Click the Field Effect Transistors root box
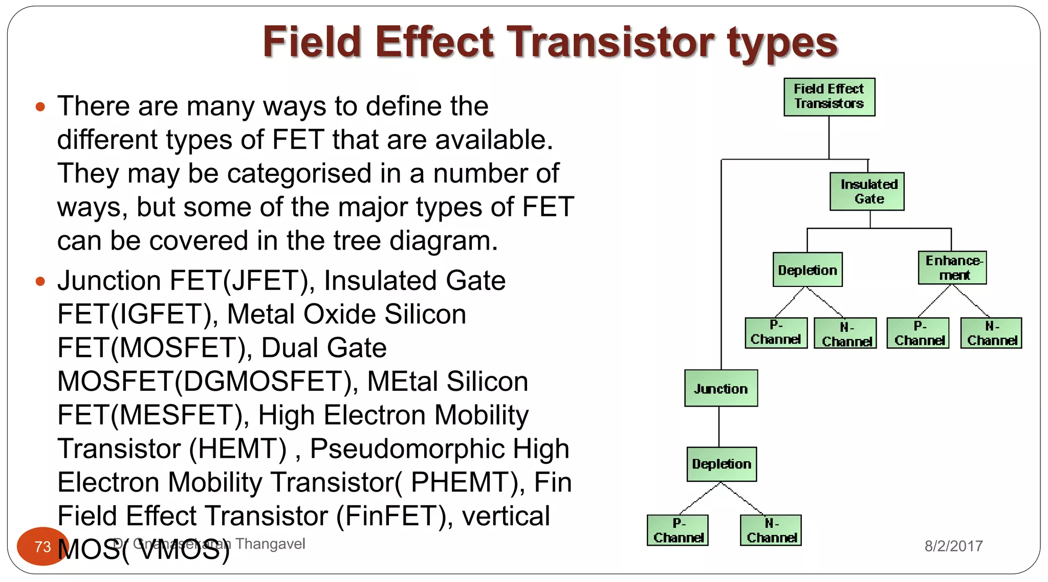click(x=829, y=97)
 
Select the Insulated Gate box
click(x=867, y=191)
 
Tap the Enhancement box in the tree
click(x=952, y=267)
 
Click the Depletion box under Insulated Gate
click(x=807, y=270)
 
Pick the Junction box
click(x=720, y=388)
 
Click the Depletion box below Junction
click(x=721, y=464)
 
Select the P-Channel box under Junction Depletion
click(x=678, y=530)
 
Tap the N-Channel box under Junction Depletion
click(x=771, y=530)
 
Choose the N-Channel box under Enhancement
click(x=991, y=333)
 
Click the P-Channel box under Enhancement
click(x=918, y=333)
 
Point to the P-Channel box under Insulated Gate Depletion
click(x=776, y=332)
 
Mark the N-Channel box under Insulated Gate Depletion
click(x=845, y=333)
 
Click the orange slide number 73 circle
click(x=42, y=546)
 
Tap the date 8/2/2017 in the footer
click(x=953, y=546)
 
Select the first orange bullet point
click(x=40, y=107)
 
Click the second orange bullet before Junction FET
click(x=40, y=281)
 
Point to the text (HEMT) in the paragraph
click(x=237, y=449)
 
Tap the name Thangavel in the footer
click(x=270, y=544)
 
